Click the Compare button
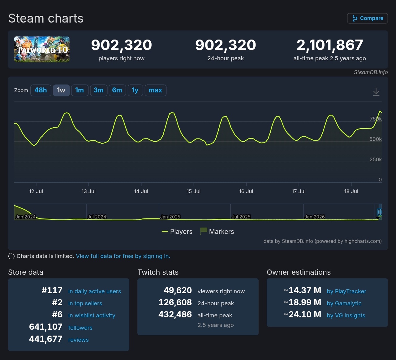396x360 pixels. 367,18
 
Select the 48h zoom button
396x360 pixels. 41,90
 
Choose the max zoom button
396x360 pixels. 155,90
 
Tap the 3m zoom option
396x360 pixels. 98,90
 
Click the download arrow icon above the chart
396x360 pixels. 376,92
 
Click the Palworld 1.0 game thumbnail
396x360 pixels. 42,49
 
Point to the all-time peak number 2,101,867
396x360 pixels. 330,45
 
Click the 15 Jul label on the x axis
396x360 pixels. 193,191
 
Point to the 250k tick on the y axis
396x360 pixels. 376,159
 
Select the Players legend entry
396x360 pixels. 177,231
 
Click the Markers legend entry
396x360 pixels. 217,231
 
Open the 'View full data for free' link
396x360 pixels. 123,256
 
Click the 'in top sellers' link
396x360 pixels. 85,303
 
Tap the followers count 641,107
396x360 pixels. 45,327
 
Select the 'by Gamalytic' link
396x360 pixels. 344,303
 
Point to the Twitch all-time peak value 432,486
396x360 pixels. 175,315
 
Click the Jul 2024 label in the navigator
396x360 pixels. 97,217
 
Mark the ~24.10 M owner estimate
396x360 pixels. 302,315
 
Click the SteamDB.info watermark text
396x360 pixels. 371,72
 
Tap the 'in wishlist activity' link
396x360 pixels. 92,316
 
